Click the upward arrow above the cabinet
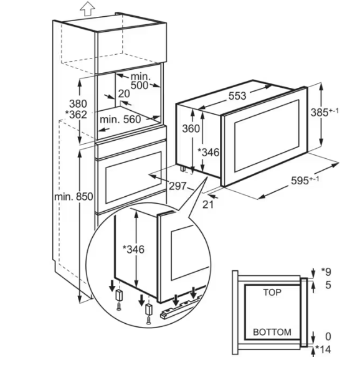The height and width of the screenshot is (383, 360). (87, 9)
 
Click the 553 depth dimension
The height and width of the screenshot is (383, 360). (237, 96)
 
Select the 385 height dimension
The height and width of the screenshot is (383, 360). (324, 112)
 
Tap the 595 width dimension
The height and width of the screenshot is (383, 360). (305, 180)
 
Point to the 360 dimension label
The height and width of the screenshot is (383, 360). (191, 128)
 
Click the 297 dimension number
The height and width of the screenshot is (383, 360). (178, 186)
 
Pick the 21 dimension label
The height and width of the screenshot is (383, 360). (208, 204)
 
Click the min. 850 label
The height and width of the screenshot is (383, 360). (73, 196)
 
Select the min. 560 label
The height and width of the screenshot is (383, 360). (120, 120)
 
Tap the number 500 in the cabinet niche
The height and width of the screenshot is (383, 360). (140, 85)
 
